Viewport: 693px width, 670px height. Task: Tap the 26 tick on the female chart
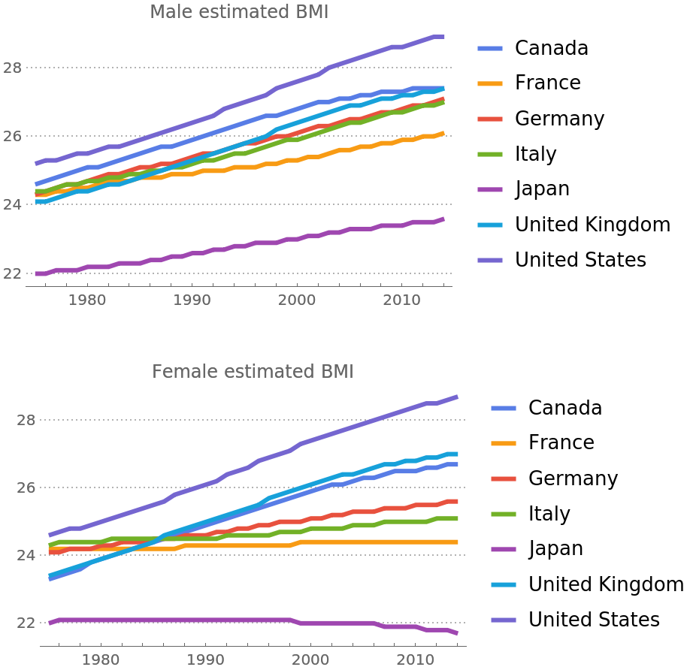point(27,488)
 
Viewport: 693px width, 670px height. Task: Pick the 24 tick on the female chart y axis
point(27,556)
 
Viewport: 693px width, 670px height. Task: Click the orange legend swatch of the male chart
point(490,84)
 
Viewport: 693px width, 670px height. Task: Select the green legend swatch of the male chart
point(490,155)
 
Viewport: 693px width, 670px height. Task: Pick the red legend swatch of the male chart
point(490,119)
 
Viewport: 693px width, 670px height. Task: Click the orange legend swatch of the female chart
point(504,444)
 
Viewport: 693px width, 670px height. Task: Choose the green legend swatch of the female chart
point(504,515)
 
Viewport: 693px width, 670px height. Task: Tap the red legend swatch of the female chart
point(504,479)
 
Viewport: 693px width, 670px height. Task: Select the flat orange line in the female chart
point(376,542)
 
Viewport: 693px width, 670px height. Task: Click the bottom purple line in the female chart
point(225,620)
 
